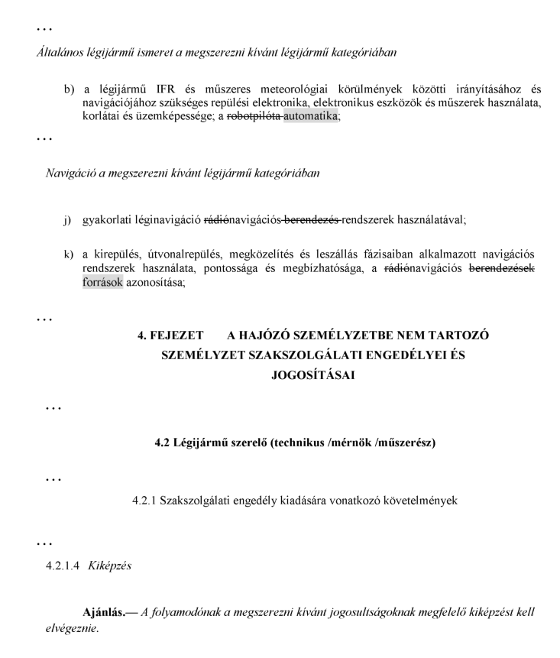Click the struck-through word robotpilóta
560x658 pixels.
coord(255,116)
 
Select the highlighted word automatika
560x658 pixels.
coord(310,116)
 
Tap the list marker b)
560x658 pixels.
coord(70,89)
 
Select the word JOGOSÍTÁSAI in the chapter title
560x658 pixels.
coord(314,375)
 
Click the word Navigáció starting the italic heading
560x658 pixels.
coord(73,172)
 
